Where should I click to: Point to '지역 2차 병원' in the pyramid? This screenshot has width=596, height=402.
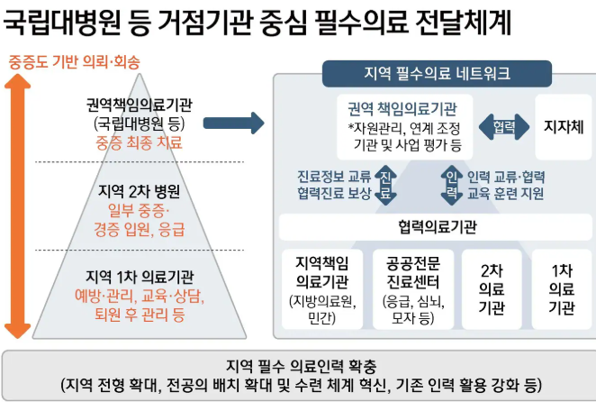pos(139,191)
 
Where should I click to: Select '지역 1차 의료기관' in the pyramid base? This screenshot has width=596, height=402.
pos(140,276)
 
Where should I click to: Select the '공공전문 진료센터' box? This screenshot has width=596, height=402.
pos(411,288)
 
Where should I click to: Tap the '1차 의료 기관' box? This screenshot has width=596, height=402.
pos(561,288)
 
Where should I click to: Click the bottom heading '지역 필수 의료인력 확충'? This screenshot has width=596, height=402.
pos(298,366)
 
